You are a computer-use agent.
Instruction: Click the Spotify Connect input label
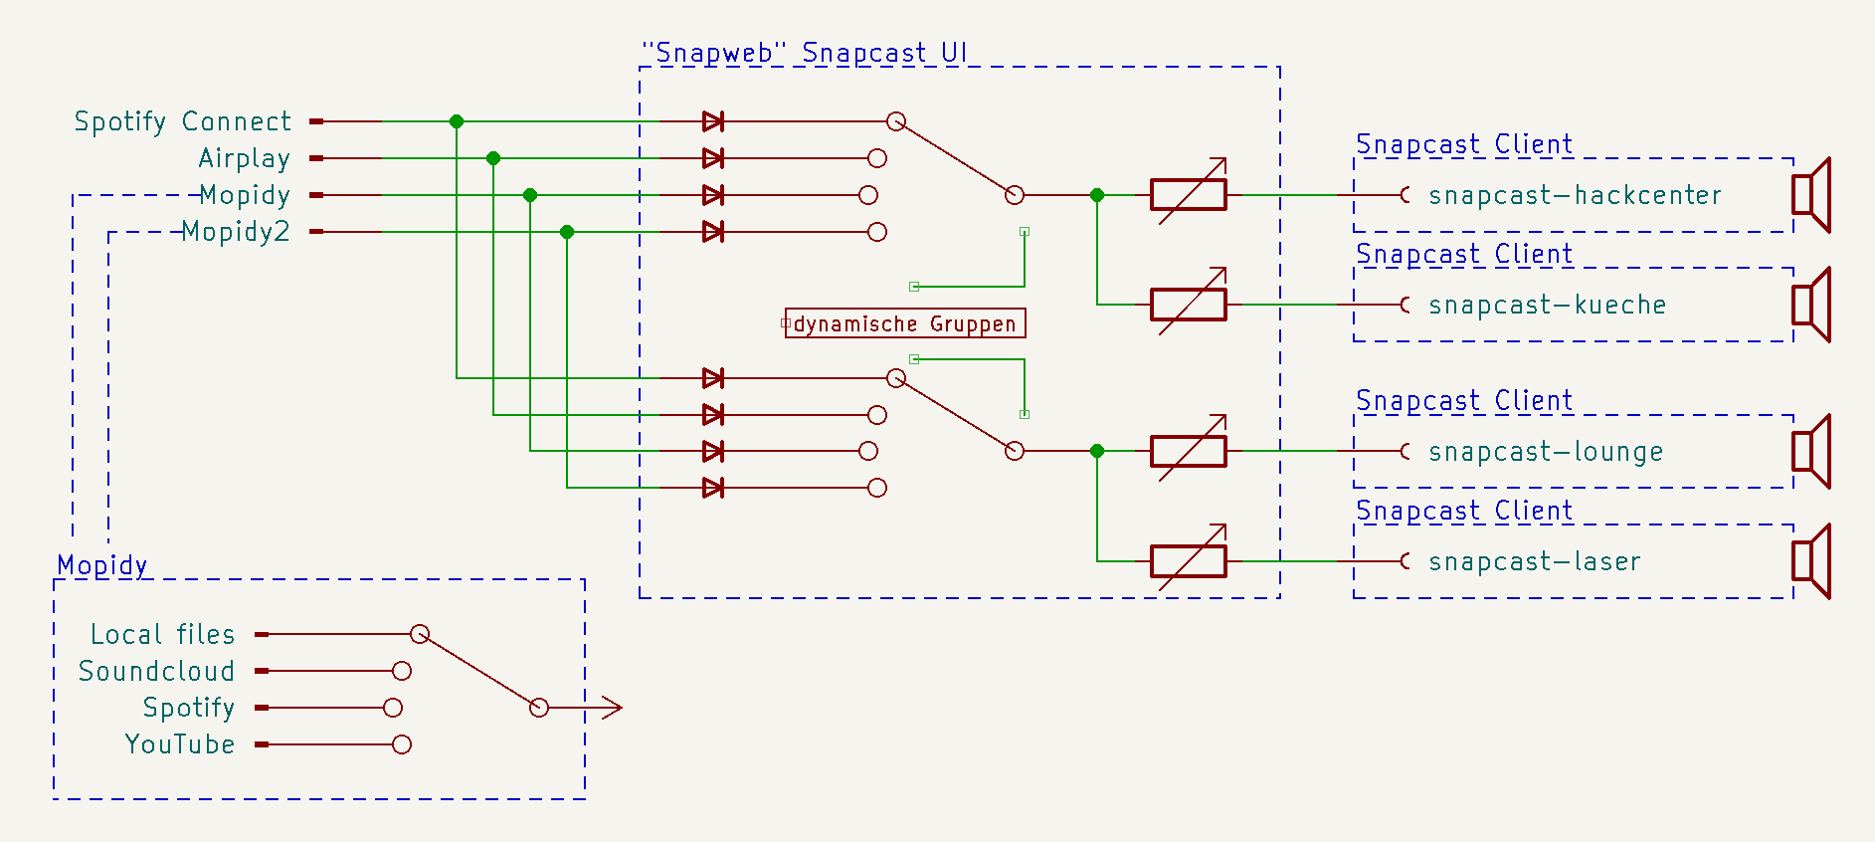[183, 121]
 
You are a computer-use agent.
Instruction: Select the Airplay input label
[245, 158]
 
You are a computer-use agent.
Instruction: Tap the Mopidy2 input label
[236, 232]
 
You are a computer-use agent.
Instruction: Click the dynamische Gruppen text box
[905, 323]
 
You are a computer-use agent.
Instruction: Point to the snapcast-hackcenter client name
[1575, 195]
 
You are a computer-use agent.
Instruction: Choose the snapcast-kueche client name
[1547, 305]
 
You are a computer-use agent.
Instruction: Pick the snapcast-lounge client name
[1546, 452]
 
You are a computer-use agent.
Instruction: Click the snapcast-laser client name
[1534, 561]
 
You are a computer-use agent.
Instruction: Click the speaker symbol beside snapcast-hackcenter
[1810, 195]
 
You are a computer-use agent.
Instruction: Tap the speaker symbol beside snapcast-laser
[1810, 561]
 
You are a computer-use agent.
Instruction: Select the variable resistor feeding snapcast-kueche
[1189, 305]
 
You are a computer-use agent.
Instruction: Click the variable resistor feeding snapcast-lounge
[1189, 452]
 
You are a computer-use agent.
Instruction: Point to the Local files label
[163, 634]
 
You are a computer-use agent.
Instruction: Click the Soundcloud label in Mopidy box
[157, 671]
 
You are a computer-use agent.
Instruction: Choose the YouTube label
[180, 744]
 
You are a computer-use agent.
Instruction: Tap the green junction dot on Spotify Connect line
[457, 121]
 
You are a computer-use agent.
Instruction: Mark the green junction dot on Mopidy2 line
[567, 232]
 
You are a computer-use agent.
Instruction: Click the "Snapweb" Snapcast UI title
[804, 52]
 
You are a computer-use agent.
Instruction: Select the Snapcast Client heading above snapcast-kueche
[1464, 254]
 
